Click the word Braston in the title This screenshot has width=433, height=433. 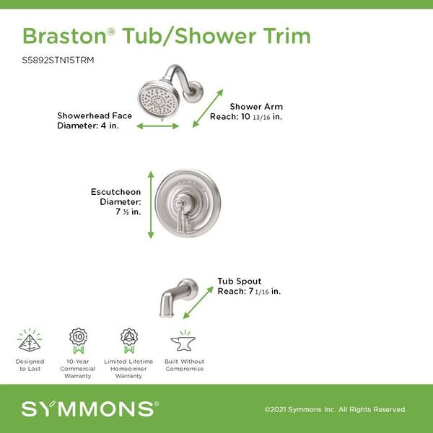(65, 36)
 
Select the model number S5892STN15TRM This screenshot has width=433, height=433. (58, 60)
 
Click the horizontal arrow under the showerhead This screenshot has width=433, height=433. (157, 126)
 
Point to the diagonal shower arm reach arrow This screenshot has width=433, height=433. (208, 108)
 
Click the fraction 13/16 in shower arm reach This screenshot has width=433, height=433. (261, 118)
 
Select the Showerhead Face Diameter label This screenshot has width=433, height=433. (95, 121)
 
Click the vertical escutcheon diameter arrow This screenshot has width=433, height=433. (151, 205)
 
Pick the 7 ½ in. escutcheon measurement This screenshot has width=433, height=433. (128, 211)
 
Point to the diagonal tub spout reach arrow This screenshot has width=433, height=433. (198, 302)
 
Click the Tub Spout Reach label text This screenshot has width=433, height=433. (249, 286)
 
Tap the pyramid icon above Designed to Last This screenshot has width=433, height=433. (30, 340)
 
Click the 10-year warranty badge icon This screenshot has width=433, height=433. (78, 341)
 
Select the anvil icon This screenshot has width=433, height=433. (183, 341)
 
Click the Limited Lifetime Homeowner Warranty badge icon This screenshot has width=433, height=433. (129, 341)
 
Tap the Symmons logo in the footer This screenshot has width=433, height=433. (90, 409)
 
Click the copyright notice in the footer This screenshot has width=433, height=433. (336, 409)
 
